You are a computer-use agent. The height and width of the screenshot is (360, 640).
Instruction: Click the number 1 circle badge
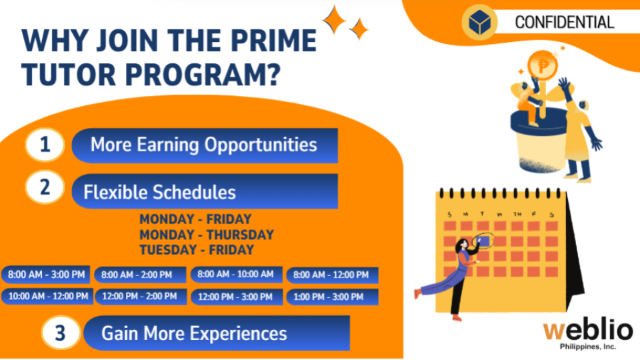point(45,145)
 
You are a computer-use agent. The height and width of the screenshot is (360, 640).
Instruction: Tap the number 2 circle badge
point(45,187)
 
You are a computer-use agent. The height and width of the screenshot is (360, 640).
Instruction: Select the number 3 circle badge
point(61,333)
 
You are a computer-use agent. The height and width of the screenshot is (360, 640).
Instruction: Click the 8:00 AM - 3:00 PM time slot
point(46,274)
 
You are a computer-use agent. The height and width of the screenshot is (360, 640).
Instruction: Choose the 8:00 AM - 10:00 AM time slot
point(236,274)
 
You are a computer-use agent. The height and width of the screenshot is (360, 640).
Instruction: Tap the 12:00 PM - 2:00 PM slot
point(140,296)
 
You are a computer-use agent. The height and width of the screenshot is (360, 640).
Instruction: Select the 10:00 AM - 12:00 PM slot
point(47,296)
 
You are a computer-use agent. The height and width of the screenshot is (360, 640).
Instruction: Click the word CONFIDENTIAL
point(565,23)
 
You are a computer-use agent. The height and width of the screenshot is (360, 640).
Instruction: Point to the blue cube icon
point(479,22)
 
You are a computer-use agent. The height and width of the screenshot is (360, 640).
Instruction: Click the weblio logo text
point(588,330)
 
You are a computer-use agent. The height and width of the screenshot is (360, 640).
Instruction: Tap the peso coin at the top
point(543,65)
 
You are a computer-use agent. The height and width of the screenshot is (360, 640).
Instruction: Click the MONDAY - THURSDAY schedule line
point(207,235)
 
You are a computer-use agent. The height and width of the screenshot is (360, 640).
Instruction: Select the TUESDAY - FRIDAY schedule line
point(197,250)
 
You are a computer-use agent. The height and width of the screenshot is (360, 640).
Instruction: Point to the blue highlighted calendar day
point(483,241)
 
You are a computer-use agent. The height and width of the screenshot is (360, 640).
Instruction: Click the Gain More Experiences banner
point(217,333)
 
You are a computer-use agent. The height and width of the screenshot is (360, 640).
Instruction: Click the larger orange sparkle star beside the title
point(335,19)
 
